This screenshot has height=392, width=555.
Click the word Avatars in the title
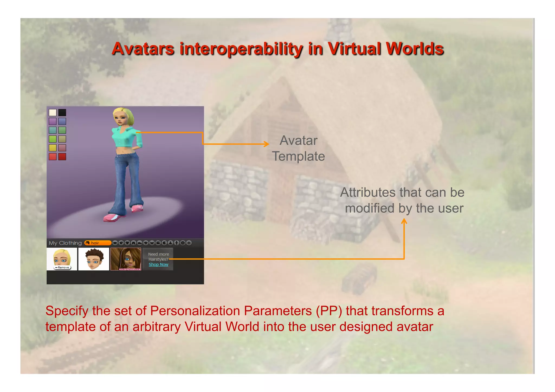point(143,49)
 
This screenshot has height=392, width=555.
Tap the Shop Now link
point(158,265)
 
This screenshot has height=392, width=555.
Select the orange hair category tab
point(98,243)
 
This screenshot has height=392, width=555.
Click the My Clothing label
point(65,243)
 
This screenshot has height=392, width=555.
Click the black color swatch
point(62,112)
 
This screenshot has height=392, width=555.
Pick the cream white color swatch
point(53,112)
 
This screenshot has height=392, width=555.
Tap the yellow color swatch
point(53,148)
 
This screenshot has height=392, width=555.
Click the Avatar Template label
point(298,148)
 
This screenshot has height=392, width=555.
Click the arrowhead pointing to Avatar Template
point(267,144)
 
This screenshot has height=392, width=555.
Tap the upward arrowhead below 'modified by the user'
point(404,221)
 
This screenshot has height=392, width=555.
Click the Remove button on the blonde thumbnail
point(63,268)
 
